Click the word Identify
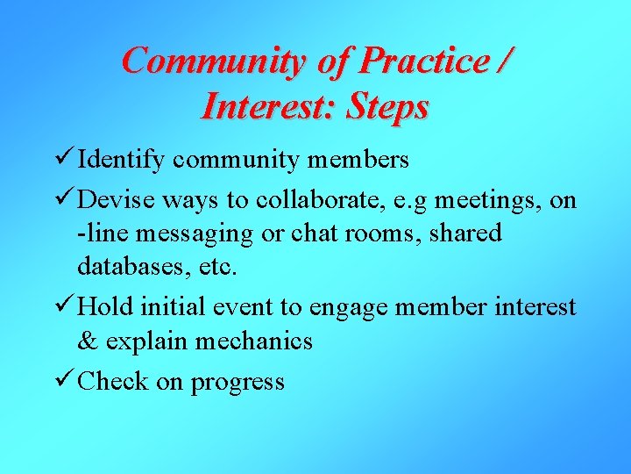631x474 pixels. [122, 161]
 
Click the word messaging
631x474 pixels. [179, 234]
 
